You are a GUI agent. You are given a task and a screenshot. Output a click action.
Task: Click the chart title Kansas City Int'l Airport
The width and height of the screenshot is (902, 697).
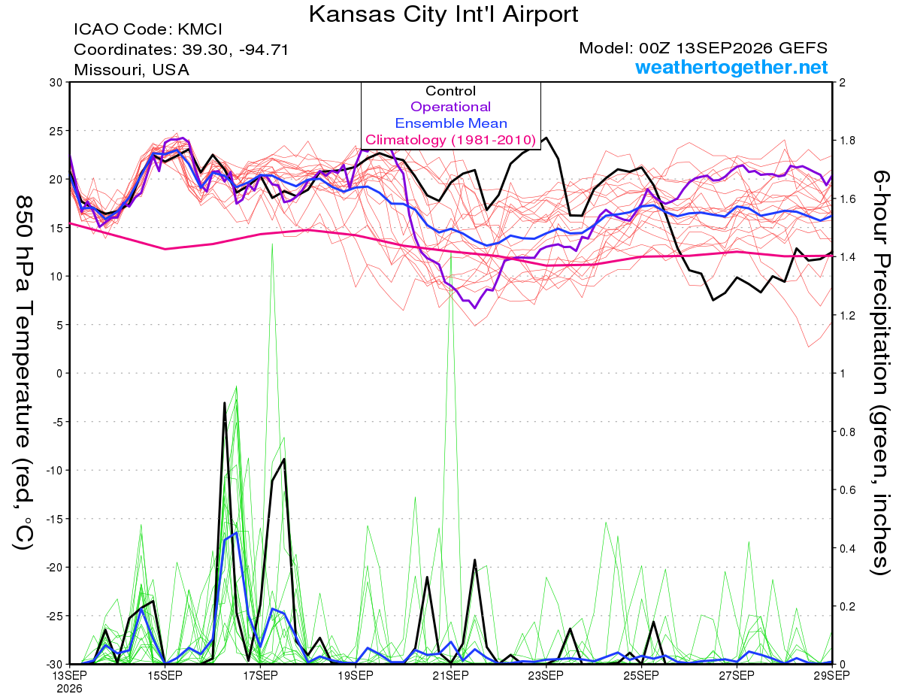click(x=443, y=14)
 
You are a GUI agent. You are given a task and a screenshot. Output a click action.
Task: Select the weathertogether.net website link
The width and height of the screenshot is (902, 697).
click(x=731, y=67)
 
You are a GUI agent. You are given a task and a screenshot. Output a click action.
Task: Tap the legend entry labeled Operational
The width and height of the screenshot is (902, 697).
click(x=450, y=107)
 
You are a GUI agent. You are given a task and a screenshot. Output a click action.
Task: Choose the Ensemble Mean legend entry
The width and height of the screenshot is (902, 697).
click(x=451, y=123)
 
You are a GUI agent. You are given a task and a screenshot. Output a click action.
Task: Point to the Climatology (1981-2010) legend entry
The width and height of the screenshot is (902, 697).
click(x=451, y=140)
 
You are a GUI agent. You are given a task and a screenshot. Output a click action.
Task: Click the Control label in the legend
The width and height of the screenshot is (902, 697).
click(x=450, y=90)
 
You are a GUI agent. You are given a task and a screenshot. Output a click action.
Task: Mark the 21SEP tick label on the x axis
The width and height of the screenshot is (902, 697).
click(x=450, y=675)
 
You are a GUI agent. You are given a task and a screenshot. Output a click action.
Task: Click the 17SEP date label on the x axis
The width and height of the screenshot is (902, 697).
click(x=260, y=675)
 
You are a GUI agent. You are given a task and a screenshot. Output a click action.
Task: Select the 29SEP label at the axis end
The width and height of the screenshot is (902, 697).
click(x=831, y=675)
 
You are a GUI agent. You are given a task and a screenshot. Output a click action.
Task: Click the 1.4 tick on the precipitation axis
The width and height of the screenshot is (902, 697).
click(x=845, y=257)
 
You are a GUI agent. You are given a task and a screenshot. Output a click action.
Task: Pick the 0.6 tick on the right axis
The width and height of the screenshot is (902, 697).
click(x=845, y=489)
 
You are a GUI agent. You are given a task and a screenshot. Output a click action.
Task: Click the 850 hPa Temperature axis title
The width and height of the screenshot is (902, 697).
click(x=24, y=373)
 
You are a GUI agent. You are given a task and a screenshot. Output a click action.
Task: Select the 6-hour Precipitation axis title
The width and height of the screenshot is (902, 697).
click(x=879, y=372)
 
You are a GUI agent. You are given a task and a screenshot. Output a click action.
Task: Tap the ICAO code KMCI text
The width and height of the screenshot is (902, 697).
click(x=148, y=29)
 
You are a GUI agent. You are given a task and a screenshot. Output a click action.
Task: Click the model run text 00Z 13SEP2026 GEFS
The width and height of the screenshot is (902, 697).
click(x=703, y=48)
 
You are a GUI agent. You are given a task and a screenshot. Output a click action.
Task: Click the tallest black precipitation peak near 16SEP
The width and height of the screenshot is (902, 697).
click(x=225, y=403)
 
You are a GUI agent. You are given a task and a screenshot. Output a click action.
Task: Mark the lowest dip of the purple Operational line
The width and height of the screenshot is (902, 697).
click(x=475, y=308)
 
